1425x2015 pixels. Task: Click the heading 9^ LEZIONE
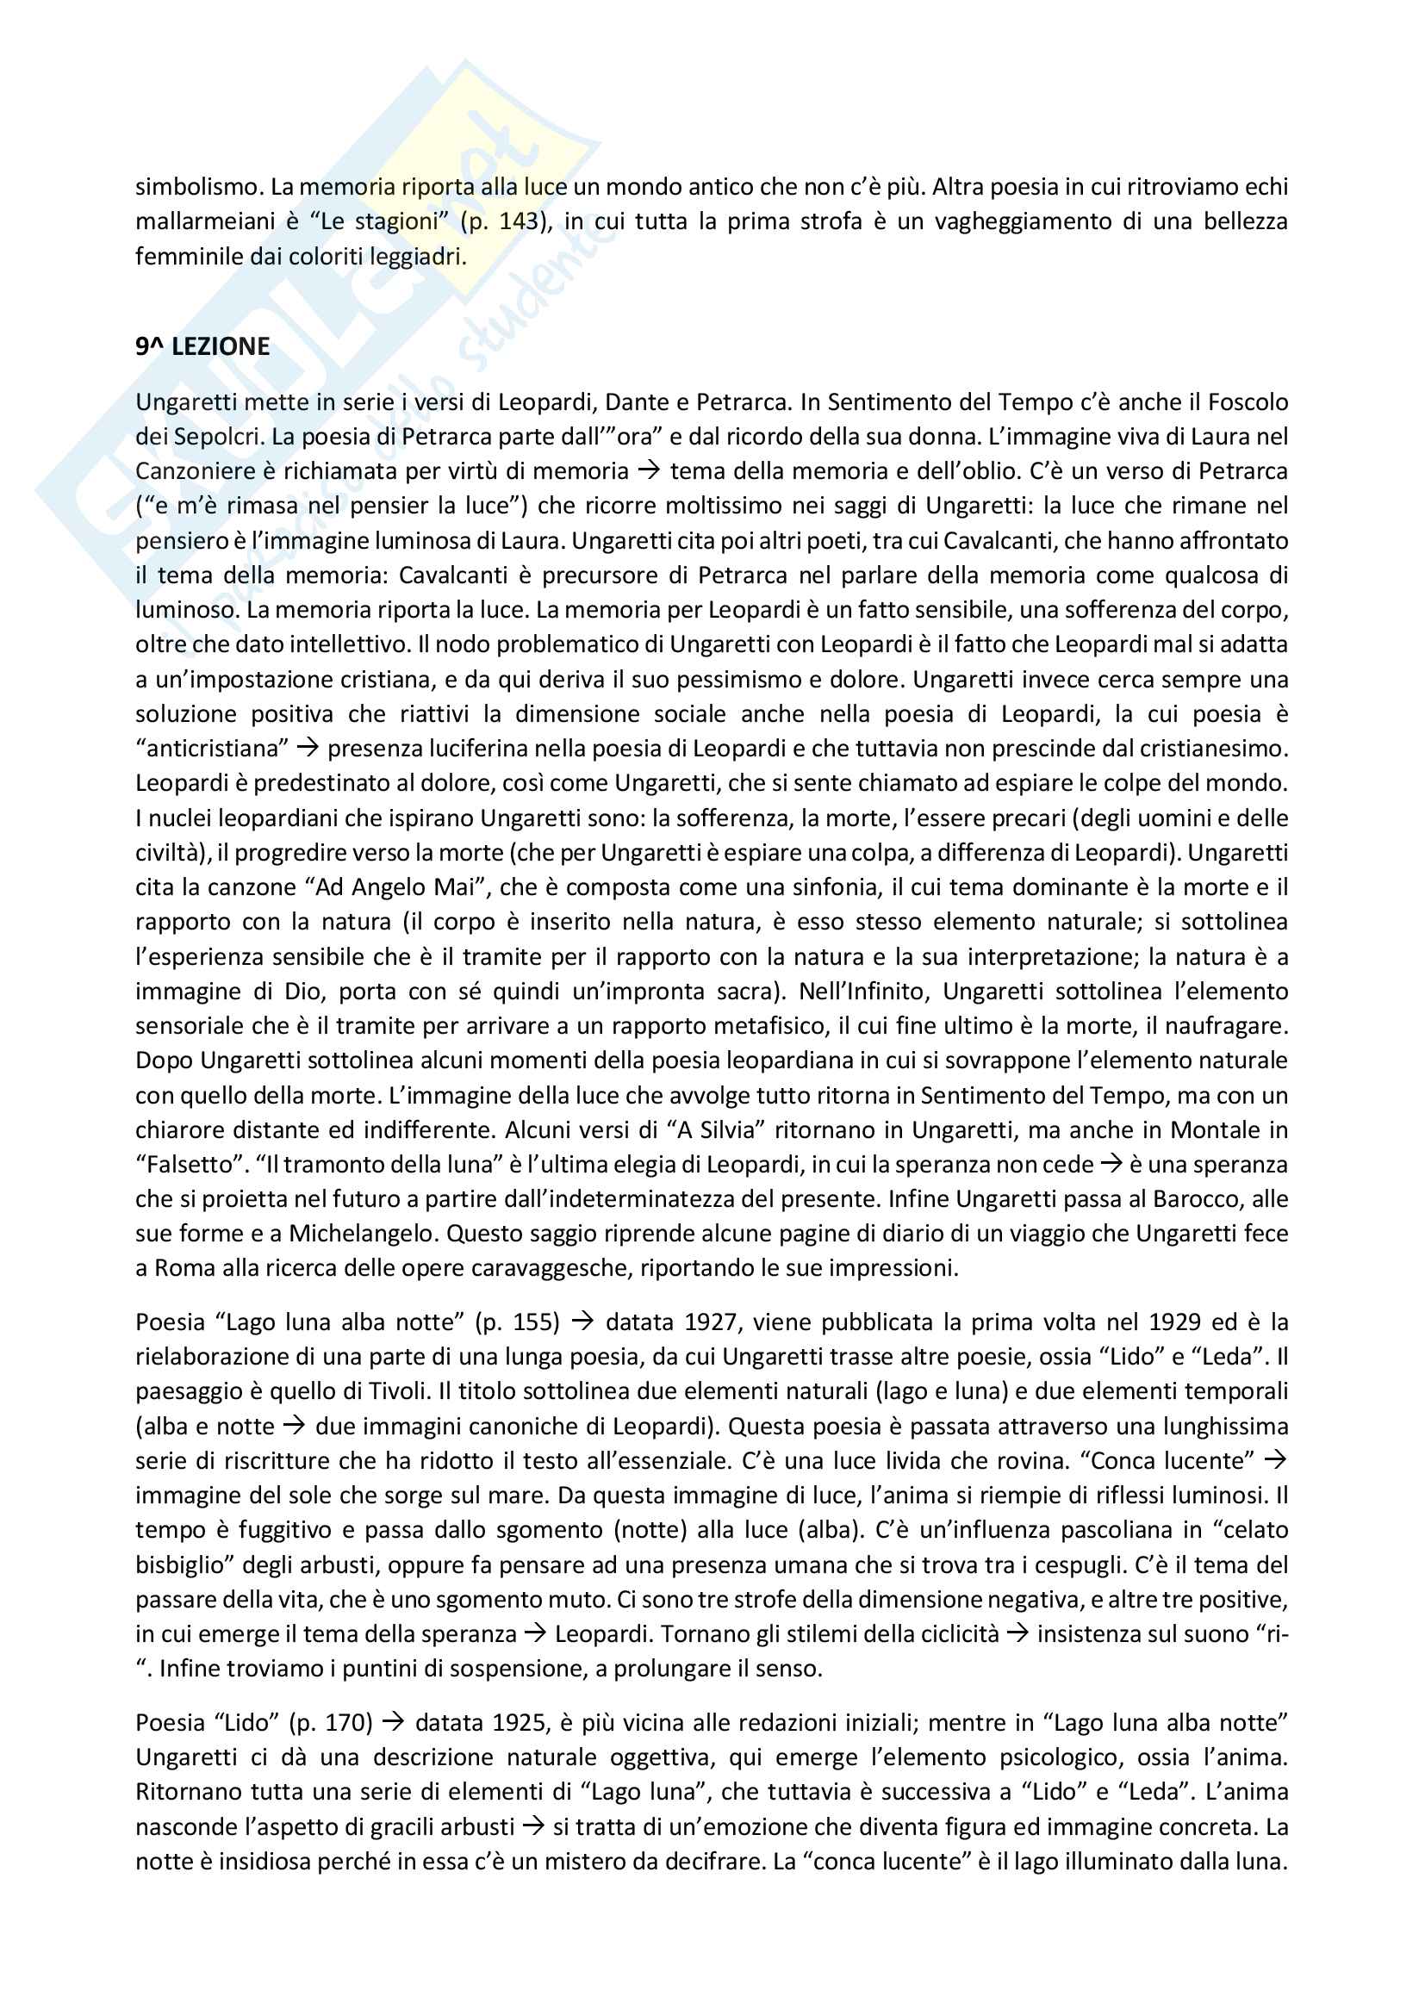[202, 346]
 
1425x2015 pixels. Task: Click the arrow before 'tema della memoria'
[649, 471]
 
